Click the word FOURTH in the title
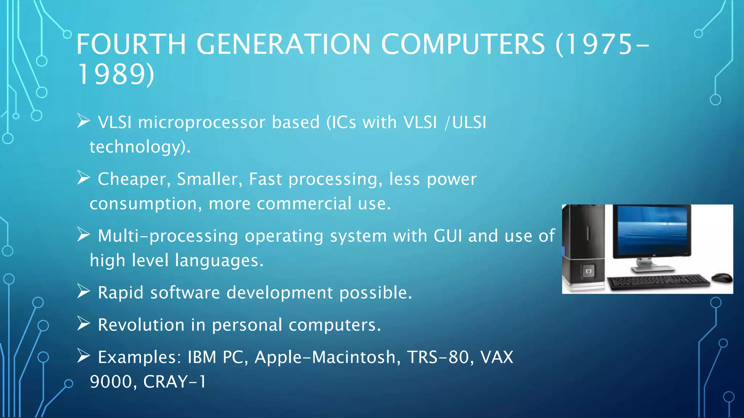(x=131, y=44)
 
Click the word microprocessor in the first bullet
(x=202, y=123)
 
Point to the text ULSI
(x=469, y=123)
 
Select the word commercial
(x=304, y=204)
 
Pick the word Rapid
(x=121, y=293)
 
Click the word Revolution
(x=141, y=325)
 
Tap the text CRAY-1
(x=175, y=382)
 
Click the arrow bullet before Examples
(x=84, y=356)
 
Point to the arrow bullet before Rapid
(x=84, y=292)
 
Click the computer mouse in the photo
(x=722, y=278)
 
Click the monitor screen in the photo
(x=652, y=230)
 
